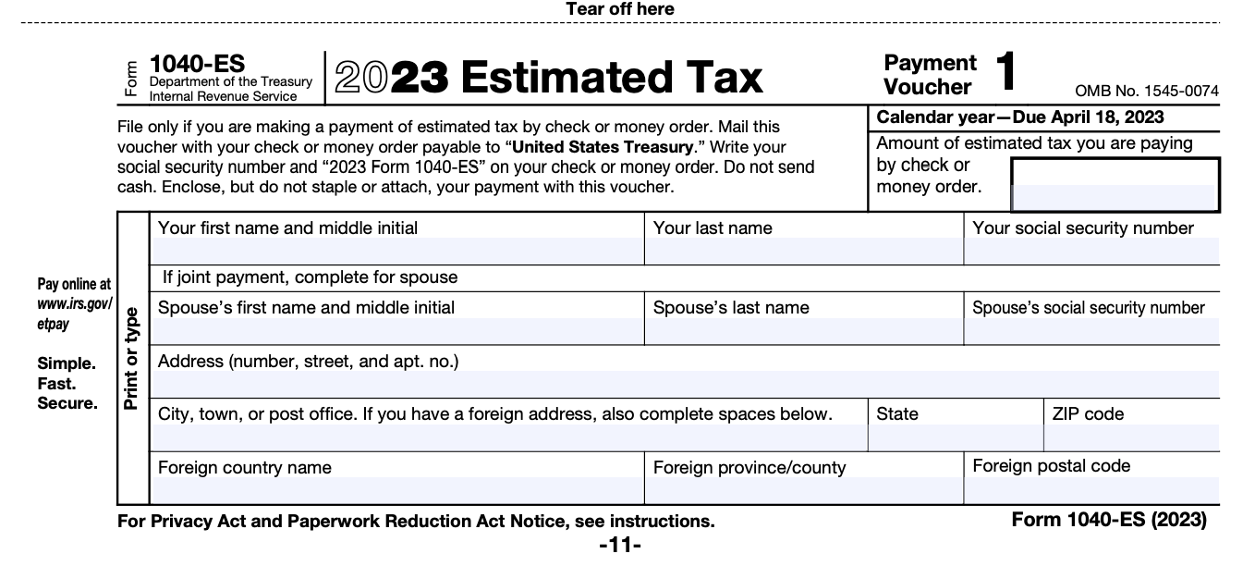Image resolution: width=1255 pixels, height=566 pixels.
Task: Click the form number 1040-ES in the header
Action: pos(197,64)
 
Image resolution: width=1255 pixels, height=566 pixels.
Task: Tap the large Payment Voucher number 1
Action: pos(1007,72)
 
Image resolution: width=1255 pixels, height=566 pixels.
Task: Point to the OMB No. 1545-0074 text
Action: pos(1146,91)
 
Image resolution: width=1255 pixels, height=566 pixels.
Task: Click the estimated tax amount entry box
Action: pos(1115,186)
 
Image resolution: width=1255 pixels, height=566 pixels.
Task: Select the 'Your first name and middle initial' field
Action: pos(397,251)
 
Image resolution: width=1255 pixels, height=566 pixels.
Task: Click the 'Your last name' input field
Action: pos(802,251)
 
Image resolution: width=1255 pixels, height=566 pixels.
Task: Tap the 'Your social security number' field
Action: pos(1091,251)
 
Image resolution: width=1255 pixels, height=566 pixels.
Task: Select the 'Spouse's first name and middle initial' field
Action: pos(397,330)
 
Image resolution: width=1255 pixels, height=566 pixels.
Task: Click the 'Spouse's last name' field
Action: pos(802,330)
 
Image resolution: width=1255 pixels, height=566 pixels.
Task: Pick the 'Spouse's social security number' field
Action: pos(1091,330)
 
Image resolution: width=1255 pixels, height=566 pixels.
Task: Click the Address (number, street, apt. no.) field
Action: pos(684,384)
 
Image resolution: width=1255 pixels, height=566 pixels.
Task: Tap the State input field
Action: pos(956,437)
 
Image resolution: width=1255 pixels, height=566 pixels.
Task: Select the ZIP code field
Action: pos(1131,437)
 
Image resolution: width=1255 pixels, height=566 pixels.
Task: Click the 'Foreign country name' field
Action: pos(397,490)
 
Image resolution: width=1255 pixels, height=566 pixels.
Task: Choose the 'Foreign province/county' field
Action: pos(802,490)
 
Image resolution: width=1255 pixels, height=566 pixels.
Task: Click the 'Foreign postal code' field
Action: pos(1091,490)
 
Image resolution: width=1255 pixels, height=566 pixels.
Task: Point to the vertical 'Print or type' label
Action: pos(131,358)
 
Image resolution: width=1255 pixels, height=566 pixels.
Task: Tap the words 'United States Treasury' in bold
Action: pos(603,147)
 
